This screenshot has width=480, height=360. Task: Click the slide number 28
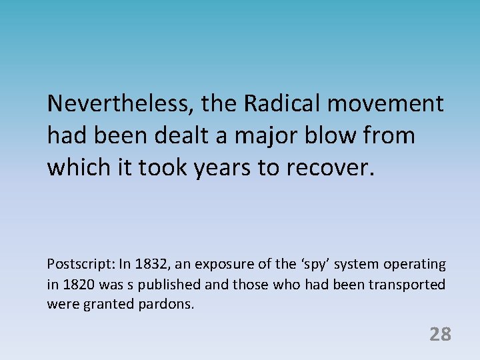coord(440,334)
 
